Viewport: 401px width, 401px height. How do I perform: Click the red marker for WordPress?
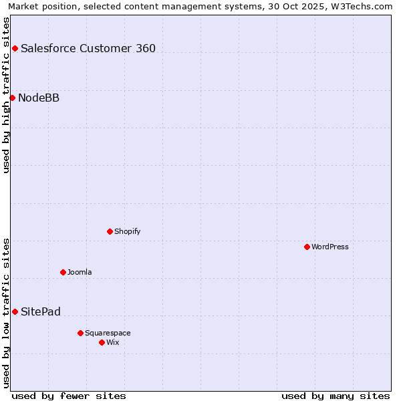pos(307,247)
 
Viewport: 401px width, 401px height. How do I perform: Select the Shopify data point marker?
pos(110,231)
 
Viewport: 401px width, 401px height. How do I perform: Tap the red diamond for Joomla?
pos(63,272)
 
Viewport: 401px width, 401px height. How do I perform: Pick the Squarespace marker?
pos(80,333)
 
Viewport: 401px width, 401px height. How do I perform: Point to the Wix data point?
pos(102,342)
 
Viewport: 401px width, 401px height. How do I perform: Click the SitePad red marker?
pos(15,311)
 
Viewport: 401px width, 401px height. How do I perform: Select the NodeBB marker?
pos(12,98)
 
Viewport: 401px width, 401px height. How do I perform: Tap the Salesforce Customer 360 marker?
pos(15,48)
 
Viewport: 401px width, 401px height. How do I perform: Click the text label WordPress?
pos(330,247)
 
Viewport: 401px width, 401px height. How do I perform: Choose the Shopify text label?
pos(127,231)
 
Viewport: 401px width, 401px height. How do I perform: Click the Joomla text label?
pos(80,272)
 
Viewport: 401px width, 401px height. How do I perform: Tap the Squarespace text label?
pos(108,333)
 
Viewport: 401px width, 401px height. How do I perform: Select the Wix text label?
pos(113,342)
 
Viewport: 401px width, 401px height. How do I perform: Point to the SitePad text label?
pos(41,312)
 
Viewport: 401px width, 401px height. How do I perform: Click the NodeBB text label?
pos(39,98)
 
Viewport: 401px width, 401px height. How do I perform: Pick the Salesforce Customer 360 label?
pos(88,48)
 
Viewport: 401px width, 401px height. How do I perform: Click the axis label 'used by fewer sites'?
pos(69,396)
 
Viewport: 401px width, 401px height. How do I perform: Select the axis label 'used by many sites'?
pos(336,396)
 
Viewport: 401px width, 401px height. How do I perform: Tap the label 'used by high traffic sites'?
pos(6,95)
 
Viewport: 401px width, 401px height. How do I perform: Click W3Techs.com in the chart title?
pos(359,6)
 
